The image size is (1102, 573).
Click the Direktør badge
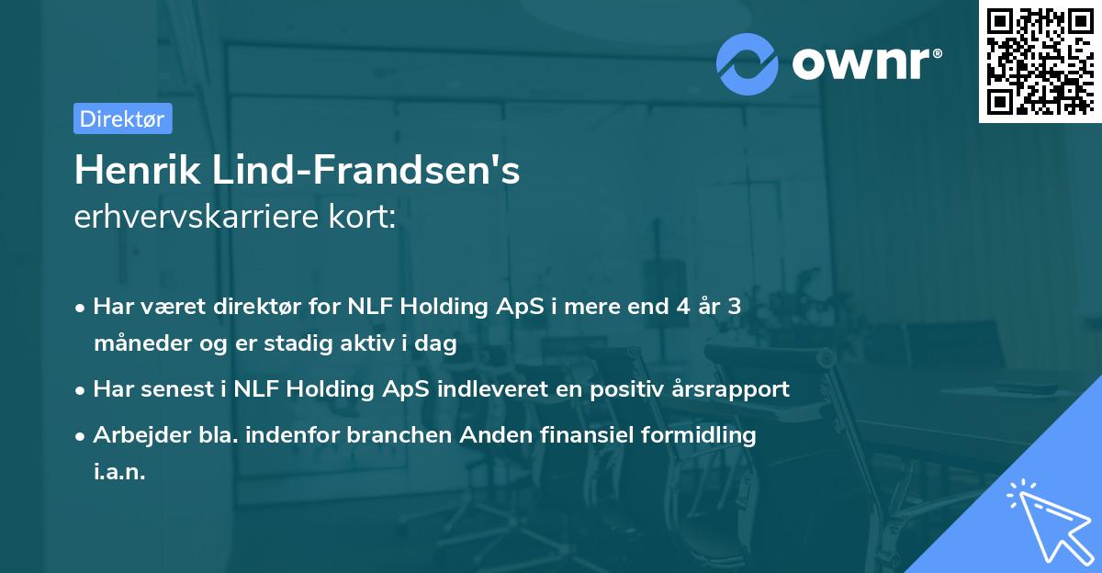click(x=122, y=118)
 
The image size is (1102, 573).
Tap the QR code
click(x=1040, y=61)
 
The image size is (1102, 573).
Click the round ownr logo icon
click(x=748, y=62)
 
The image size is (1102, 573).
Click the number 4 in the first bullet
click(x=680, y=307)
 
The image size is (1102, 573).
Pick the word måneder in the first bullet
click(x=138, y=343)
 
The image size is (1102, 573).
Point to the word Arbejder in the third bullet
click(x=136, y=435)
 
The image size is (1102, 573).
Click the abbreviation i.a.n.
click(x=119, y=472)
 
